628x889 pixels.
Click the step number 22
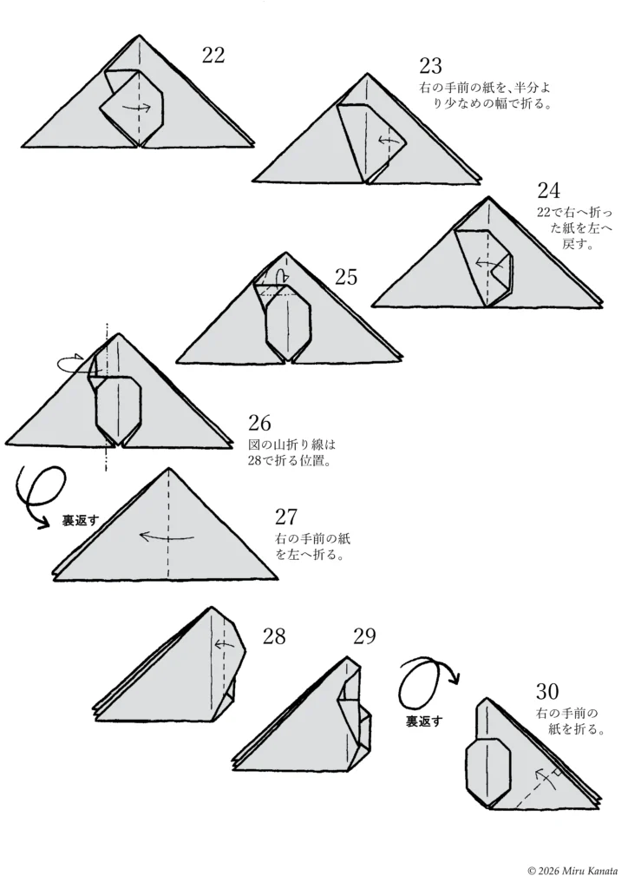[x=213, y=55]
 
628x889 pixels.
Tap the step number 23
[x=430, y=66]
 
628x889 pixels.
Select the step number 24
[x=548, y=190]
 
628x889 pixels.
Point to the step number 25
[x=346, y=277]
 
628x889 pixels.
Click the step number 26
[x=259, y=423]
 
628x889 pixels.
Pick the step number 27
[x=286, y=517]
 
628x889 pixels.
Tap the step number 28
[x=274, y=636]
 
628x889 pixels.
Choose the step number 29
[x=364, y=636]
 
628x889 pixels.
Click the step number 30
[x=547, y=692]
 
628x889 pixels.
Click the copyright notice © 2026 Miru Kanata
[x=572, y=871]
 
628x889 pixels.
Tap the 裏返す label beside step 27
[x=81, y=521]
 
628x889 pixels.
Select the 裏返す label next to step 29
[x=424, y=721]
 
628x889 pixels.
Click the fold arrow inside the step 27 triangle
[x=167, y=536]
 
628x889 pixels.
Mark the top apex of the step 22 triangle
[x=140, y=35]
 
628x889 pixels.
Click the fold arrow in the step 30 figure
[x=542, y=780]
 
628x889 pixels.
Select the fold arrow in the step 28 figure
[x=225, y=644]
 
